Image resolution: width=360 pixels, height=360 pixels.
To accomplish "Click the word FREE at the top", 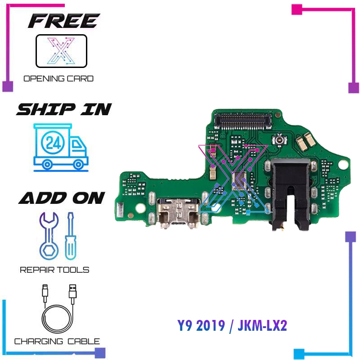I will (x=63, y=21).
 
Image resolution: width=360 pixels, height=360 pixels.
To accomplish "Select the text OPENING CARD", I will (x=58, y=79).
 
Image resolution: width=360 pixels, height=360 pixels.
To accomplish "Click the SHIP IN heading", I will (x=64, y=109).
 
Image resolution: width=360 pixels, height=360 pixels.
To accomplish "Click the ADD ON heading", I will (x=62, y=198).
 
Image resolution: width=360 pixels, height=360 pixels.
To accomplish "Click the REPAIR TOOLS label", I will (x=54, y=270).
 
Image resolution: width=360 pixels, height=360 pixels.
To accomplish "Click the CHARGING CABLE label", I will (x=57, y=341).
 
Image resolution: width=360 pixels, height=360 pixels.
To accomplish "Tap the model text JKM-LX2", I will (x=261, y=325).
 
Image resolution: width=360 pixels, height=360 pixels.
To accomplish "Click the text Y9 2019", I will (x=200, y=325).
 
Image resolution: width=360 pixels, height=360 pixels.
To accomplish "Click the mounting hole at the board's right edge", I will (x=345, y=166).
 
